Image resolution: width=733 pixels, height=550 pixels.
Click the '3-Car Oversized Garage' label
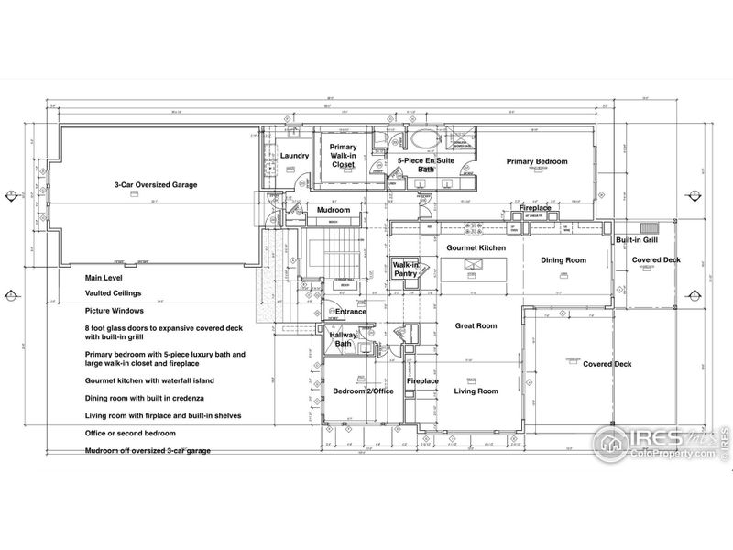tap(155, 184)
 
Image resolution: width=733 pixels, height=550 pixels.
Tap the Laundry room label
tap(294, 156)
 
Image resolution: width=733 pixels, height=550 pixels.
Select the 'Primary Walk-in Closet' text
tap(344, 157)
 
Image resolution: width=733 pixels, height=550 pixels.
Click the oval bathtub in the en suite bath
tap(422, 142)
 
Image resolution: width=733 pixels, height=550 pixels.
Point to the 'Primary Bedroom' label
tap(537, 162)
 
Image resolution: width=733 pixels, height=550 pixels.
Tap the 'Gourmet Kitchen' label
tap(476, 248)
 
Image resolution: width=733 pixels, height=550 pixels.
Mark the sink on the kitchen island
tap(473, 266)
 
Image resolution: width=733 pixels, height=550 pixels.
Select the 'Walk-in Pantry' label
tap(406, 269)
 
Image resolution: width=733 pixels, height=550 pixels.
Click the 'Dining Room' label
tap(563, 260)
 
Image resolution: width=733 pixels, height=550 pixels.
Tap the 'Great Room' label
tap(476, 325)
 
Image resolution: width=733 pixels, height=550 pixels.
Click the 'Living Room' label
tap(476, 391)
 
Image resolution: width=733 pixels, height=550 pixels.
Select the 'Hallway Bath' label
tap(344, 339)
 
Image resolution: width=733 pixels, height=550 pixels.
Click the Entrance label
tap(350, 312)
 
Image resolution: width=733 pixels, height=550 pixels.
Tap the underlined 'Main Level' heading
tap(104, 277)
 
